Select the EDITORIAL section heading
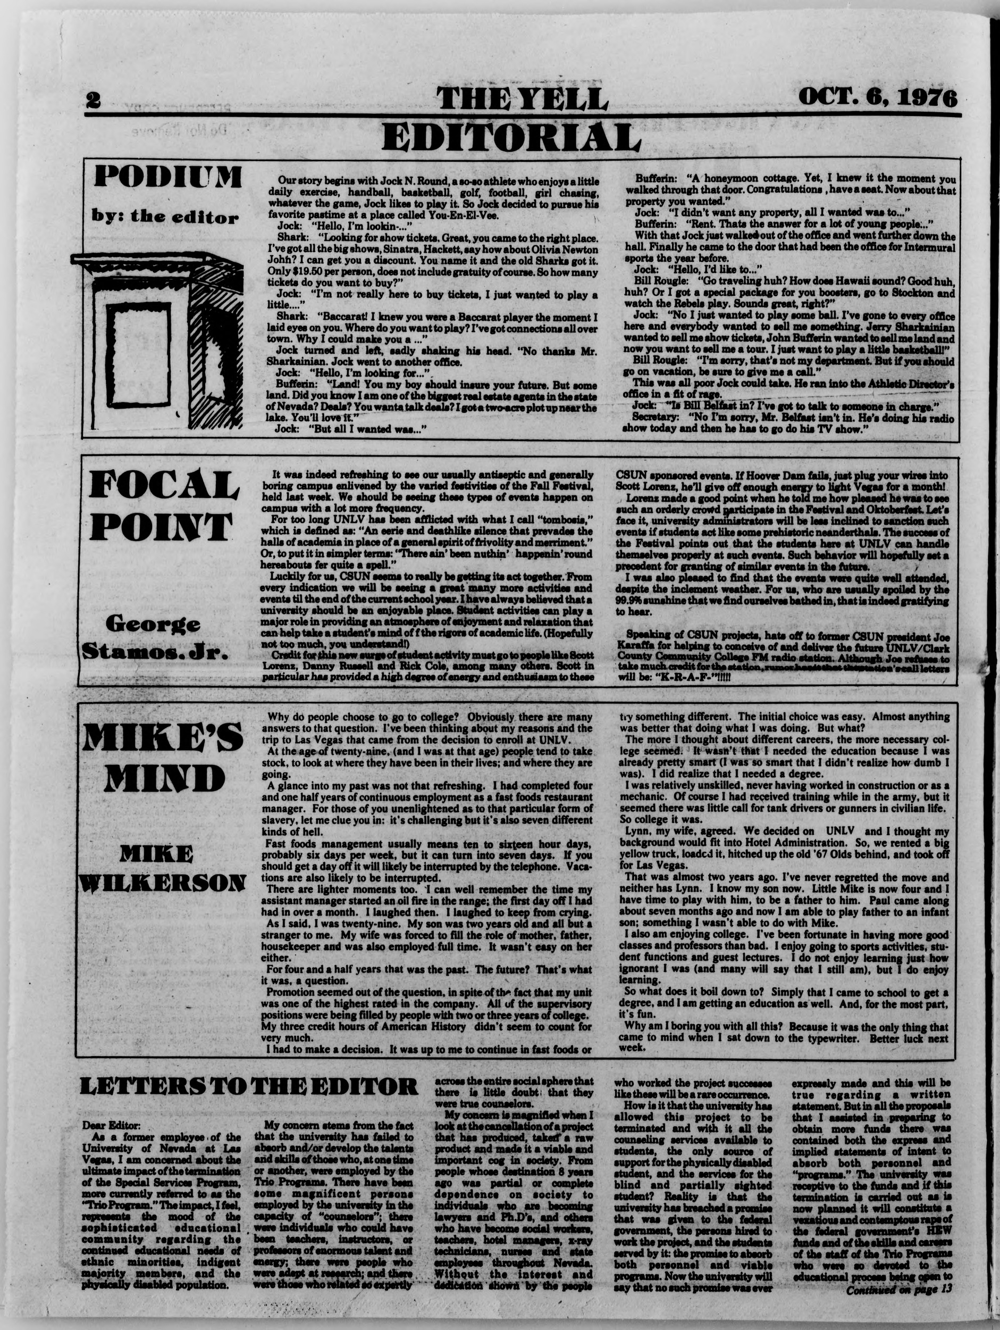point(511,137)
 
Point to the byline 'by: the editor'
point(165,217)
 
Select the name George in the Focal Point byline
point(153,624)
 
